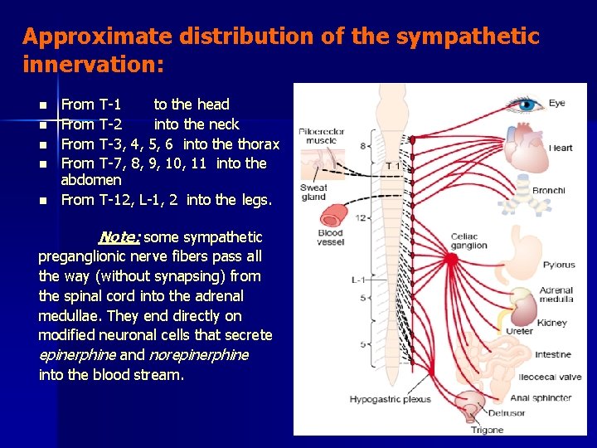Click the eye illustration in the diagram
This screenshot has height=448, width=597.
point(526,105)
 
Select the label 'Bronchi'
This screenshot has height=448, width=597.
point(548,191)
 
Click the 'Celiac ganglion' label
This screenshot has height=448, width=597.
point(468,241)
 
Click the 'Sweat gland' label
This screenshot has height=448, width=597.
point(313,192)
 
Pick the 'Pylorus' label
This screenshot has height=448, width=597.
point(559,265)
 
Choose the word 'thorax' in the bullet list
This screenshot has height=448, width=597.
point(258,144)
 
